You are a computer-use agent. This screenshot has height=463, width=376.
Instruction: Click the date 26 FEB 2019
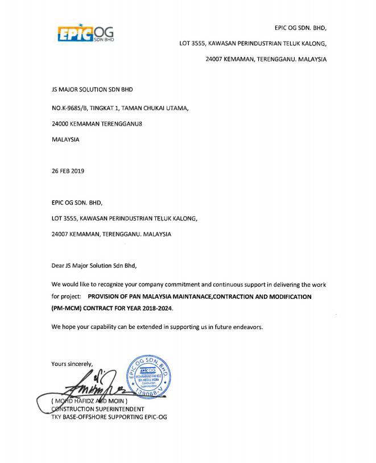coord(68,171)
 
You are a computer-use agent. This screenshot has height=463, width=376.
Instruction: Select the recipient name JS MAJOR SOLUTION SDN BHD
coord(93,90)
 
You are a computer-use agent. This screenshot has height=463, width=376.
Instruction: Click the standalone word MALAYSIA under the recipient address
coord(65,139)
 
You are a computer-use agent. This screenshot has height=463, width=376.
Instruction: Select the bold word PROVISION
coord(106,297)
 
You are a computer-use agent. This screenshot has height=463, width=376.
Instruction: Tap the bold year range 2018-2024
coord(156,307)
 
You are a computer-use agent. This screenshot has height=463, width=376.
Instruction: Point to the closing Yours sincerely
coord(72,364)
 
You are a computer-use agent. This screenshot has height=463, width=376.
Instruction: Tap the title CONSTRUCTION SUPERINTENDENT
coord(97,408)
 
